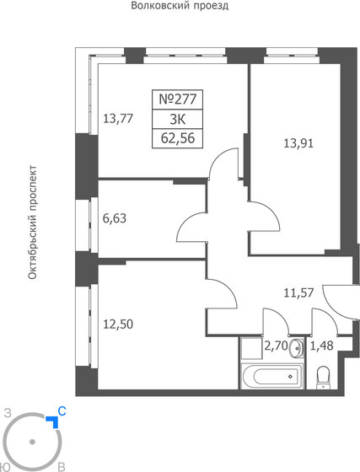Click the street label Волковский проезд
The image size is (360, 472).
[x=180, y=6]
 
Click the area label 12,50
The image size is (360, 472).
[x=119, y=323]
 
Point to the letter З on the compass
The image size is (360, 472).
[x=7, y=414]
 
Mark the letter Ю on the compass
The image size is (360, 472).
[x=7, y=465]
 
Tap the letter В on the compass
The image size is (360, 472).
[x=61, y=465]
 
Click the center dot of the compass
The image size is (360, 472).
[x=32, y=441]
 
